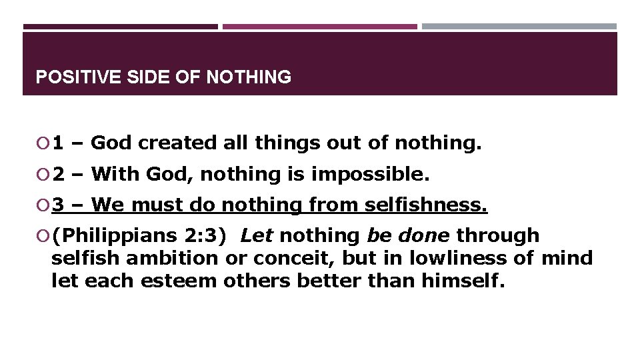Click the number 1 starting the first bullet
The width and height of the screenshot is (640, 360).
58,143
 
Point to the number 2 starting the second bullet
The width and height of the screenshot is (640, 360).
58,175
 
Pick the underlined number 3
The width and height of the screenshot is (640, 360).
58,206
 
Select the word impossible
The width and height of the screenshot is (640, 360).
369,175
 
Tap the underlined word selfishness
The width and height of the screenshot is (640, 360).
426,206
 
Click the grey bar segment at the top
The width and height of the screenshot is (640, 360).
519,27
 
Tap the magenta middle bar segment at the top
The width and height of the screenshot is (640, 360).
319,27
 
